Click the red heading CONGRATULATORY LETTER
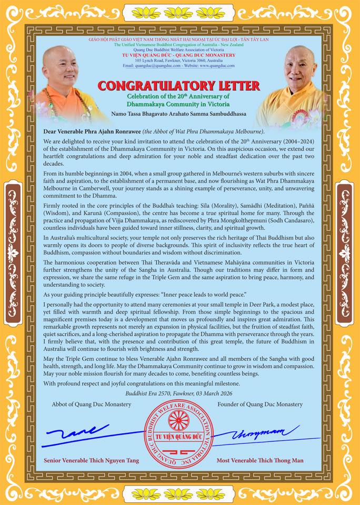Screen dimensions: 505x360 click(178, 85)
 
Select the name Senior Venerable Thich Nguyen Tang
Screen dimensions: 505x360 click(92, 460)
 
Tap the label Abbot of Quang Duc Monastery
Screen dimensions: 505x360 click(92, 404)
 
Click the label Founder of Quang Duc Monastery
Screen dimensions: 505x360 click(260, 404)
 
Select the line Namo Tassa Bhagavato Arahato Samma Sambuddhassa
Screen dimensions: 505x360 click(178, 114)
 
